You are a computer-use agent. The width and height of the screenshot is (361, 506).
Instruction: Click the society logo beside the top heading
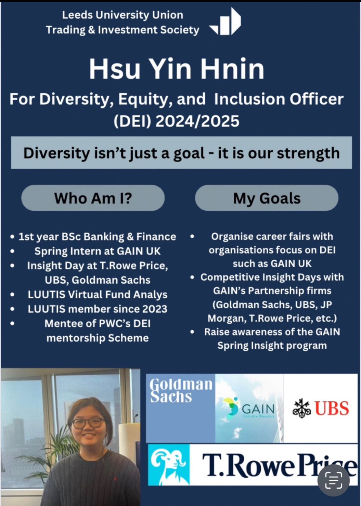[x=225, y=22]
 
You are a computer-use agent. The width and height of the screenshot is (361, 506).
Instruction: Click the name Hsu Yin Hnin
[x=177, y=69]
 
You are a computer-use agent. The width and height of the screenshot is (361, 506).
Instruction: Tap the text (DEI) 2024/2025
[x=176, y=121]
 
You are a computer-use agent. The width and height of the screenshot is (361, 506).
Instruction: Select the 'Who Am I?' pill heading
[x=93, y=198]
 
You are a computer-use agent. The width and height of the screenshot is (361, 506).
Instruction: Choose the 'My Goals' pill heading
[x=267, y=198]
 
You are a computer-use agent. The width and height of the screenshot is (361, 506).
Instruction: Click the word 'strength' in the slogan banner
[x=309, y=153]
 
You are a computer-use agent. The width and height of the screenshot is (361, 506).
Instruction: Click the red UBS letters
[x=333, y=408]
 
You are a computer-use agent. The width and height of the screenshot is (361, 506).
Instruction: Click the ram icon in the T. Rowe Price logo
[x=168, y=465]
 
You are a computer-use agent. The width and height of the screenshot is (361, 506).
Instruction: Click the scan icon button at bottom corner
[x=334, y=480]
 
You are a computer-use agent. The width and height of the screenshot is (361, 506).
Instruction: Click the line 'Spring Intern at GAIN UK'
[x=98, y=251]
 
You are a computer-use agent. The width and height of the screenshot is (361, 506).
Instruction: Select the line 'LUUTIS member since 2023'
[x=98, y=309]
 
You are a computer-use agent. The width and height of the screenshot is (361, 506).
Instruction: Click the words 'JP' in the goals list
[x=326, y=305]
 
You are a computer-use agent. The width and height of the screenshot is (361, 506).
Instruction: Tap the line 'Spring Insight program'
[x=272, y=346]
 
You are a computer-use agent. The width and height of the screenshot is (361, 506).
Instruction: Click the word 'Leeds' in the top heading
[x=77, y=15]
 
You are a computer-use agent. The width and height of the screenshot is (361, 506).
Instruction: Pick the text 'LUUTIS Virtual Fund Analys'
[x=98, y=294]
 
